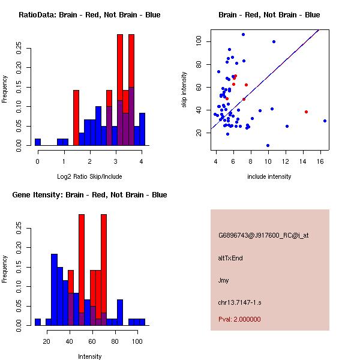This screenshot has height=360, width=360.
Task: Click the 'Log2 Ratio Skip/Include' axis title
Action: click(x=89, y=176)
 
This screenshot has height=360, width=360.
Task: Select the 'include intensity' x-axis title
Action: click(x=269, y=176)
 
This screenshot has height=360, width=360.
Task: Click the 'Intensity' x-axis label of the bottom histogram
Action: click(x=89, y=356)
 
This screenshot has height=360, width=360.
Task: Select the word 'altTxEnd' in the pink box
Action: click(x=230, y=258)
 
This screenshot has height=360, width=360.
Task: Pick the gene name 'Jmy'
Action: click(x=223, y=280)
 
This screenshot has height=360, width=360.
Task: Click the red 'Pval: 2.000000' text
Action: click(x=239, y=319)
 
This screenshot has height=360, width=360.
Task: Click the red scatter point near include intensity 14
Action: click(x=306, y=112)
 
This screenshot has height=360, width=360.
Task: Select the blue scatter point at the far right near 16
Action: click(x=325, y=121)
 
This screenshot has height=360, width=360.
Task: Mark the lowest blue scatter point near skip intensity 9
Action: click(x=268, y=145)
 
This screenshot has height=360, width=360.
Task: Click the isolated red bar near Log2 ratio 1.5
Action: click(x=76, y=118)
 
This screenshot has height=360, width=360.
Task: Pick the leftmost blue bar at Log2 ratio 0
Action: click(x=38, y=142)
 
